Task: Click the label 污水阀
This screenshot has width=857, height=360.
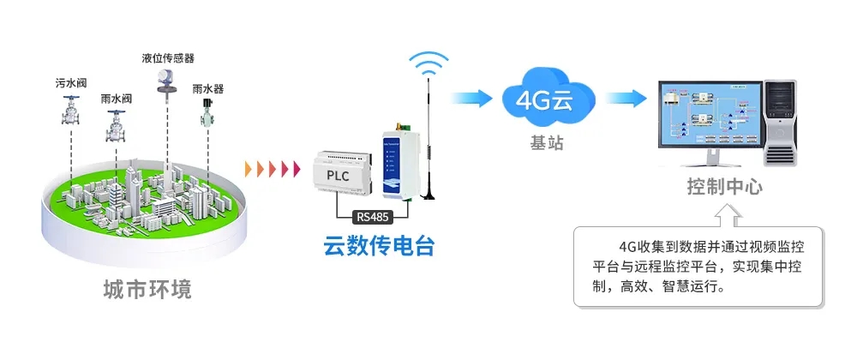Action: pyautogui.click(x=72, y=83)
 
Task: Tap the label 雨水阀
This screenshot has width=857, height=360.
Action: pyautogui.click(x=116, y=99)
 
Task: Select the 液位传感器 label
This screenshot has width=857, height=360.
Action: pyautogui.click(x=168, y=59)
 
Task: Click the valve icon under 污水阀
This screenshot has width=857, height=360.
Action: pyautogui.click(x=72, y=111)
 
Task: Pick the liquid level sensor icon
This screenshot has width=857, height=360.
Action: pyautogui.click(x=162, y=81)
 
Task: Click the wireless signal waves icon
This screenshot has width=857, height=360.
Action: pyautogui.click(x=428, y=63)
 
